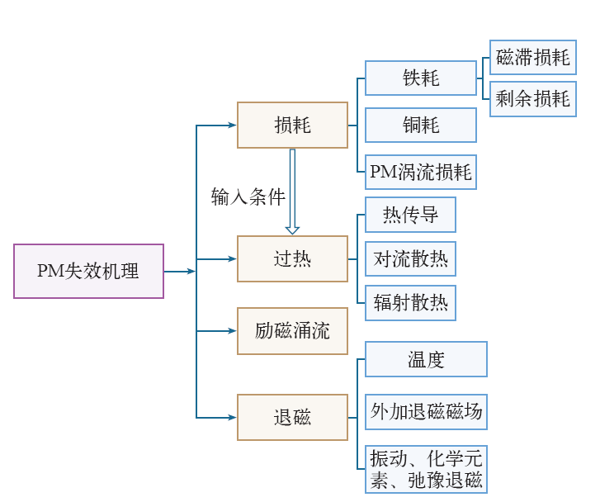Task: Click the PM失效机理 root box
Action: click(x=89, y=271)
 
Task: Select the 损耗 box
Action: click(x=292, y=125)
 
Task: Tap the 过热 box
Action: click(x=292, y=259)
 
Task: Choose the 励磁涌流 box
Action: click(x=292, y=331)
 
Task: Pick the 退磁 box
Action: click(x=292, y=417)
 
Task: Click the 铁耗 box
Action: click(x=421, y=78)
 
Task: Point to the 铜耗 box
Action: click(x=421, y=125)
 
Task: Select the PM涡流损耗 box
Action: click(x=421, y=172)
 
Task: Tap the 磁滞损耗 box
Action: click(x=533, y=58)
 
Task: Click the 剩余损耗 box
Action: click(x=533, y=99)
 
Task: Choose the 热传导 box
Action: click(x=410, y=215)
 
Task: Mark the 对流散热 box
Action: click(x=410, y=259)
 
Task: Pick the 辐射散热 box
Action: click(x=410, y=303)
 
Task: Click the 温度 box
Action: click(x=426, y=359)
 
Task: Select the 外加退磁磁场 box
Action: click(x=426, y=411)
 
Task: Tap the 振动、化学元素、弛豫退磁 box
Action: click(x=426, y=469)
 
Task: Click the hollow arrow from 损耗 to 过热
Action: click(x=292, y=192)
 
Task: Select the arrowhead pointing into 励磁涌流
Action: click(x=232, y=331)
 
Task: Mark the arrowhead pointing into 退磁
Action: click(x=232, y=418)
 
